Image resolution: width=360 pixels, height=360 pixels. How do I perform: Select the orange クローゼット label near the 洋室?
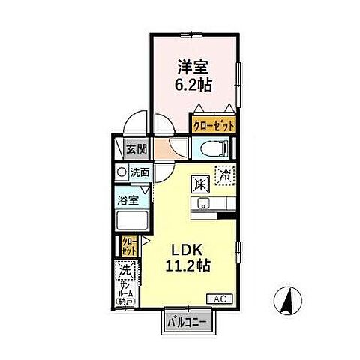coord(214,126)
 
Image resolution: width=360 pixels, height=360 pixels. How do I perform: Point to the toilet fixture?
coord(212,148)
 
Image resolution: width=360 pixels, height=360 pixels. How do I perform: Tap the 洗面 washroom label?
coord(139,172)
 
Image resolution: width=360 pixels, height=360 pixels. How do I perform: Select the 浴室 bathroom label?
coord(127,200)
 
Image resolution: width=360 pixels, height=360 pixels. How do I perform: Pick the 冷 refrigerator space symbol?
coord(223,175)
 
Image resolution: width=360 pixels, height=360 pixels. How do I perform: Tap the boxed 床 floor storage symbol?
coord(200,182)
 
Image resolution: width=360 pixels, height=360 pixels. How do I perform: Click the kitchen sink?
coord(202,204)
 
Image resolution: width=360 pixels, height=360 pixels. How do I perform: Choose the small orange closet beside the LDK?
coord(129,244)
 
